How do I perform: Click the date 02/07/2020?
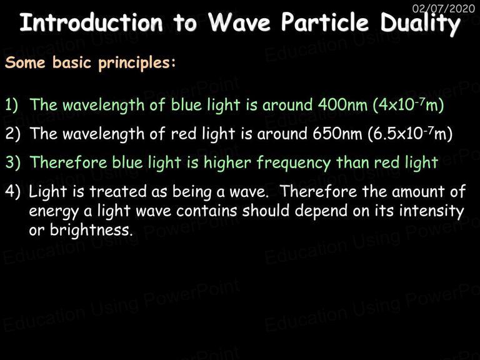tap(444, 8)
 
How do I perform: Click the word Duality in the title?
tap(420, 24)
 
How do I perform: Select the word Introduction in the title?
tap(91, 22)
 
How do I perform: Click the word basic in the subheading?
tap(72, 62)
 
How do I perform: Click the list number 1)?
tap(12, 105)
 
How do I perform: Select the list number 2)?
tap(12, 134)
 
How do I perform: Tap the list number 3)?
tap(12, 162)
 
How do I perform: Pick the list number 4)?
tap(12, 191)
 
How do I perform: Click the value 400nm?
tap(342, 105)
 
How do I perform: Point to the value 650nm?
tap(337, 134)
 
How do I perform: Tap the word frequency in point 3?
tap(293, 163)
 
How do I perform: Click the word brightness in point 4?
tap(91, 230)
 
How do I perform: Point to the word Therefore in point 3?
tap(68, 162)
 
